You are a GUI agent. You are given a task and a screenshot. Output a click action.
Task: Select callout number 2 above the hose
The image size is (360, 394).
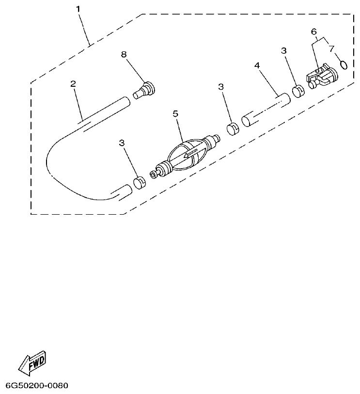(x=73, y=84)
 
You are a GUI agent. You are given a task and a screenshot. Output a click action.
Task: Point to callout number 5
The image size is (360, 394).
(x=175, y=113)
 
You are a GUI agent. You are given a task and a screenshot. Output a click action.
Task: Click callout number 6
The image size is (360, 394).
(x=314, y=32)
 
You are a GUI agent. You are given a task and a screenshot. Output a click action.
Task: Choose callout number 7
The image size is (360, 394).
(x=331, y=48)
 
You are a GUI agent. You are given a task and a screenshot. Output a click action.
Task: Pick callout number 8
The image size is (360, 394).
(x=124, y=55)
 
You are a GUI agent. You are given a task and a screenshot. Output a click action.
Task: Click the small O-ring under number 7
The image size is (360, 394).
(x=344, y=64)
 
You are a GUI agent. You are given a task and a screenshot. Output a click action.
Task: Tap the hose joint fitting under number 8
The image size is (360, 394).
(x=144, y=90)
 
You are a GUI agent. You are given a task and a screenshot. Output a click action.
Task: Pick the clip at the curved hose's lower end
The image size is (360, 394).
(x=140, y=182)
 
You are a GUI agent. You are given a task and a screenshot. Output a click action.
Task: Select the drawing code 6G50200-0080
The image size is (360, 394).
(x=37, y=386)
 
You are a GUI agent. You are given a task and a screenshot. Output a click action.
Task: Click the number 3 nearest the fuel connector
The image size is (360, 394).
(x=284, y=50)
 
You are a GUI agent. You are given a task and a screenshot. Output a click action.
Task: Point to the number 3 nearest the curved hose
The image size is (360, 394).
(x=122, y=142)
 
